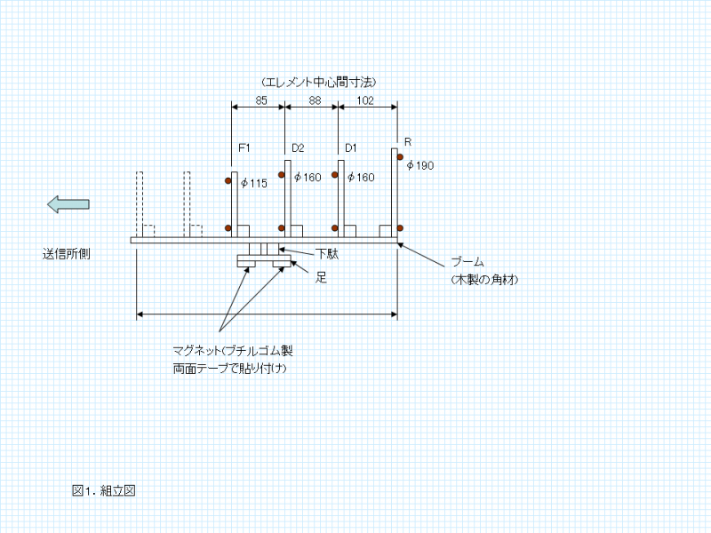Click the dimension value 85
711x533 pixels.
261,100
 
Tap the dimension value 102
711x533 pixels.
364,100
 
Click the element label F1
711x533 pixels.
244,147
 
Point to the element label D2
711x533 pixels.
298,147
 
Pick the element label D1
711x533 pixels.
351,147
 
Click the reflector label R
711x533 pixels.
408,142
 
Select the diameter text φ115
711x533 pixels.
254,183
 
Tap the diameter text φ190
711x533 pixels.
419,165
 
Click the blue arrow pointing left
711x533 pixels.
68,204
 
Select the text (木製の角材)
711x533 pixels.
484,279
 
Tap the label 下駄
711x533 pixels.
326,254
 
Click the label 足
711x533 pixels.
322,277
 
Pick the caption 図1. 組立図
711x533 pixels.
103,490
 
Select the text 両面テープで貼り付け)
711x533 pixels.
232,368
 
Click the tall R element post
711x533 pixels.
395,192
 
